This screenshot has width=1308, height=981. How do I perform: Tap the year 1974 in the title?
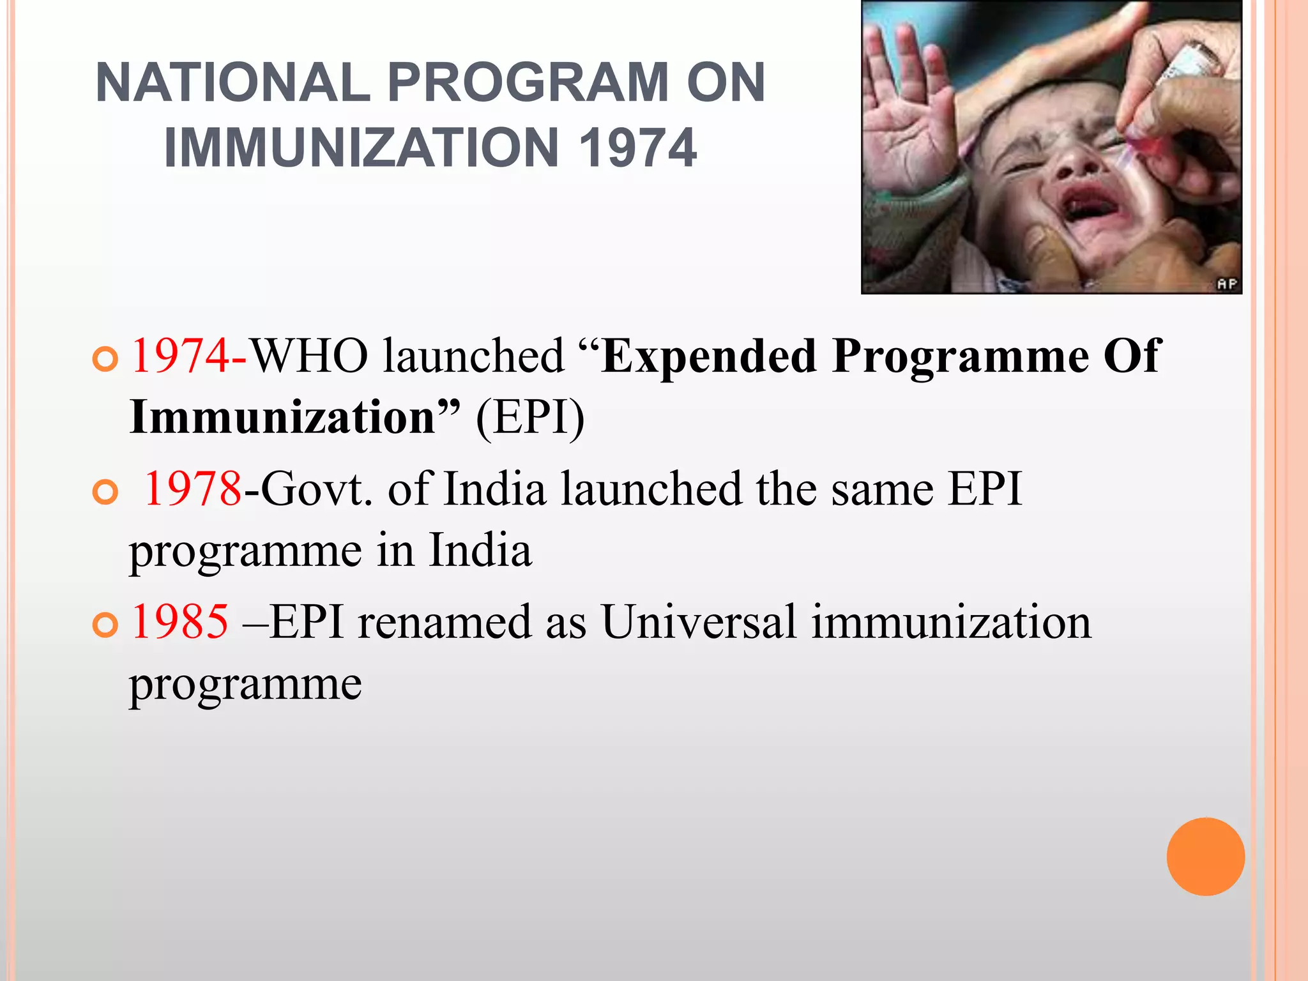[x=637, y=148]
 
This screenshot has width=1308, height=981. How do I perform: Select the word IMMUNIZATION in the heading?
[x=361, y=148]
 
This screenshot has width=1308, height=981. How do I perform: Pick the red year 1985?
[x=179, y=622]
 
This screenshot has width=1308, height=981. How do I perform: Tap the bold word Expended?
[x=709, y=356]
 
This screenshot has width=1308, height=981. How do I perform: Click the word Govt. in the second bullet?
[x=317, y=489]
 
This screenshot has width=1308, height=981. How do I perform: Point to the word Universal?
[x=699, y=622]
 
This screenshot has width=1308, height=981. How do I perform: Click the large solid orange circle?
[x=1205, y=856]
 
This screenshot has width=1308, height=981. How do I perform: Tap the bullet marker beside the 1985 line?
[x=105, y=624]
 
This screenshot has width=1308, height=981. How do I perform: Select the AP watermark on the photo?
[x=1227, y=284]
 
